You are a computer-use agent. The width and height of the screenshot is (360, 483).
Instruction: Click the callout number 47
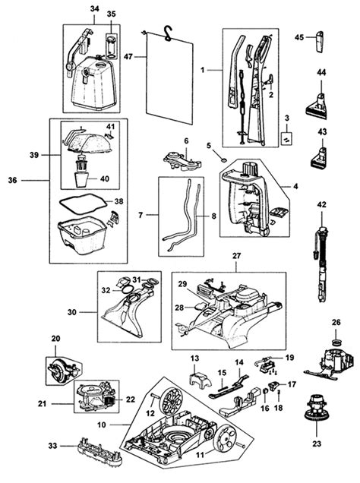128,57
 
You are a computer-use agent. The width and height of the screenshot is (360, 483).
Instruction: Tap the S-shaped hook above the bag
168,33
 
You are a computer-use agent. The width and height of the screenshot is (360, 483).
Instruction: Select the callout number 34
94,8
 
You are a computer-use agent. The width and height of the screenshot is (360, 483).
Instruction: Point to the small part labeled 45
318,43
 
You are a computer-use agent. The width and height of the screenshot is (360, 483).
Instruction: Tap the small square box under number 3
286,138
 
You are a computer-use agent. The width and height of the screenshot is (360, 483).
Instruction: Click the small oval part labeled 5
224,159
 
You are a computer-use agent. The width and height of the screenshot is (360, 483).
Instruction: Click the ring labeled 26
336,342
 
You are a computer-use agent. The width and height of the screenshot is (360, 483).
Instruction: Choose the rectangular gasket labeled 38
83,204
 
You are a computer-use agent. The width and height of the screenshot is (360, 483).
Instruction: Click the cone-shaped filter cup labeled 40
81,179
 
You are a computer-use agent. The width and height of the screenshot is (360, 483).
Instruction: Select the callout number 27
236,256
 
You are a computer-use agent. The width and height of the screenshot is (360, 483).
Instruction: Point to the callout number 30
71,312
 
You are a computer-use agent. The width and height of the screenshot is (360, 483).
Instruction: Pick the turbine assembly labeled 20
62,370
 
